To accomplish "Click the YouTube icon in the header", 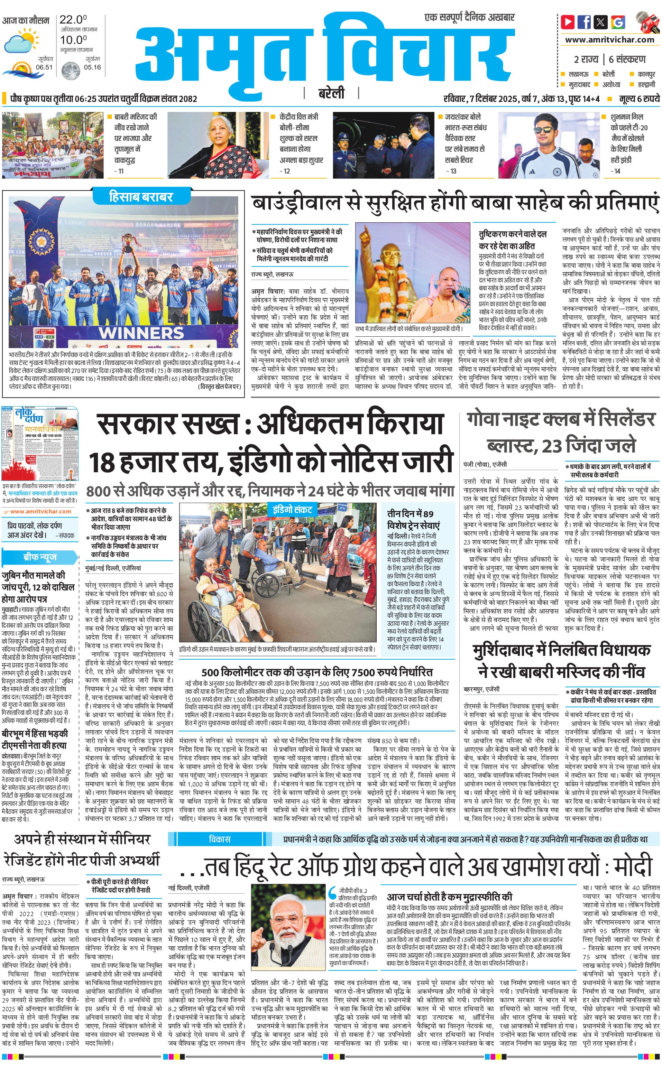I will click(568, 21).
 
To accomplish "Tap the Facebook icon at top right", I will click(584, 21).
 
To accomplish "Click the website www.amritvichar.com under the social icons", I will click(609, 40).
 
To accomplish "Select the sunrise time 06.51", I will click(44, 67).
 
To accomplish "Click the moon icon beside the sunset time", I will click(70, 70).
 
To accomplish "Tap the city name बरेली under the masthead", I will click(331, 93).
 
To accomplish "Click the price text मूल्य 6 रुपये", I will click(639, 99).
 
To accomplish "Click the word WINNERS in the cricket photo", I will click(141, 332).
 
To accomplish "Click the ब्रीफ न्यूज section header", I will click(40, 557).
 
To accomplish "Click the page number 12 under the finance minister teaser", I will click(286, 171).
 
